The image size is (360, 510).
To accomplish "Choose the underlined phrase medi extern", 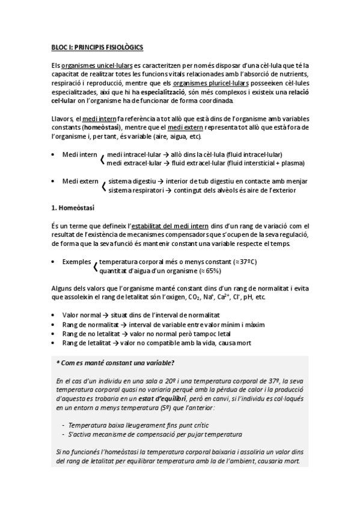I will pyautogui.click(x=188, y=127).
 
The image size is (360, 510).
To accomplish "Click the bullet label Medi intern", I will pyautogui.click(x=79, y=155).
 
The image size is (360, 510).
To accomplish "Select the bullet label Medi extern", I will pyautogui.click(x=80, y=181).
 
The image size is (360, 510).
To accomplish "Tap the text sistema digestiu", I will pyautogui.click(x=131, y=181).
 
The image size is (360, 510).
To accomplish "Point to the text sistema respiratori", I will pyautogui.click(x=135, y=190).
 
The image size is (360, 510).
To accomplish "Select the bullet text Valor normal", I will pyautogui.click(x=81, y=315).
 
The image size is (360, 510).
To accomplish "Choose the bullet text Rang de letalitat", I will pyautogui.click(x=88, y=342).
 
